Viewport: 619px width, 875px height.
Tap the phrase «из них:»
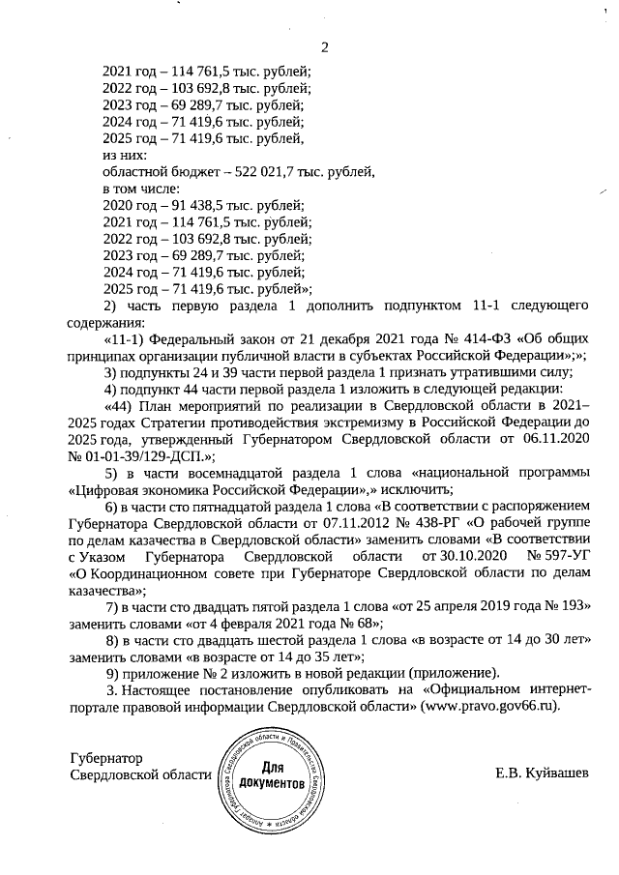point(125,155)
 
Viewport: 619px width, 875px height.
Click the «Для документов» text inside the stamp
point(272,773)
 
